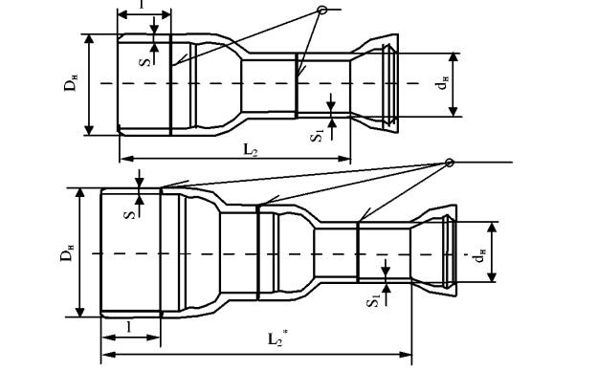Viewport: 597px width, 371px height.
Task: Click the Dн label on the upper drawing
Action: coord(71,84)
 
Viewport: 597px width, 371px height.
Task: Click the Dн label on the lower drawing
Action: coord(67,254)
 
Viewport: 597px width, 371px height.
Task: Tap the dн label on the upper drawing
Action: coord(442,83)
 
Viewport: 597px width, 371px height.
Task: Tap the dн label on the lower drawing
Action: coord(479,255)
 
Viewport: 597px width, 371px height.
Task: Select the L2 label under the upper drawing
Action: coord(251,149)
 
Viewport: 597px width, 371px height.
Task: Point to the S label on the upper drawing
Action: coord(145,61)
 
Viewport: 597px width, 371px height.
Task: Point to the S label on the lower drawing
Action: coord(130,215)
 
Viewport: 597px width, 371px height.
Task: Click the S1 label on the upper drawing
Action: coord(318,136)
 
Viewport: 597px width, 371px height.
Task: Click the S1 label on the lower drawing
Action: coord(373,300)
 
